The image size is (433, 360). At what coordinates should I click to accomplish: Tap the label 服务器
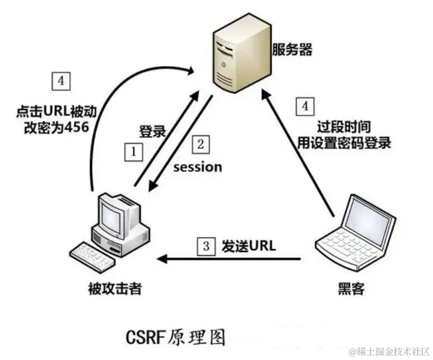[x=292, y=49]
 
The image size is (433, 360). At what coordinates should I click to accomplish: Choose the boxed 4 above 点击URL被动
[x=61, y=82]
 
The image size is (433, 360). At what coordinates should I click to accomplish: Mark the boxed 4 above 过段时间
[x=305, y=105]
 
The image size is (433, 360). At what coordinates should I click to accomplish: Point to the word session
[x=197, y=167]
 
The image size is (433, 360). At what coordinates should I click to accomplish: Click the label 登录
[x=152, y=132]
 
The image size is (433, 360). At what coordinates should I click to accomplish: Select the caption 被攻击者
[x=115, y=288]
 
